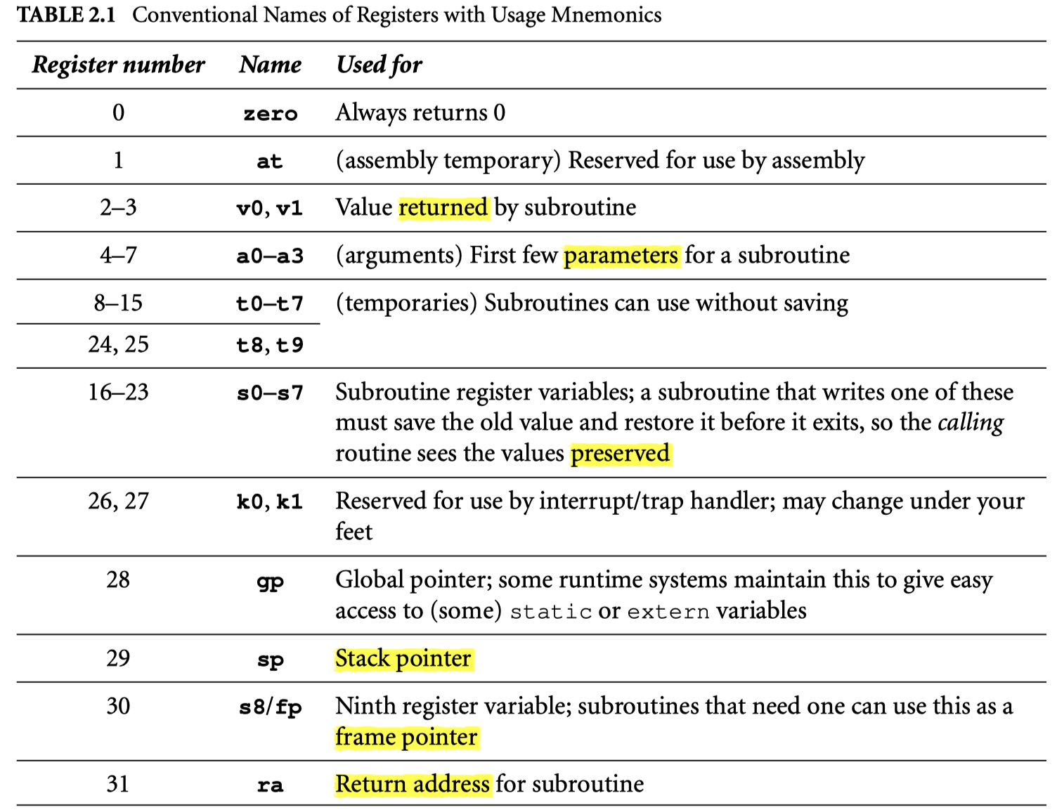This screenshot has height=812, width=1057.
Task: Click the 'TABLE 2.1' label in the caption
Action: [66, 15]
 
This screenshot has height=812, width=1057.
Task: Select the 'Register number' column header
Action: [118, 65]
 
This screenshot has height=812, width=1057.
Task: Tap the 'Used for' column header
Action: [379, 65]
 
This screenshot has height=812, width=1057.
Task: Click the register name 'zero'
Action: [271, 113]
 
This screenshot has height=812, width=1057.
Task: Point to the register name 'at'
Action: [270, 161]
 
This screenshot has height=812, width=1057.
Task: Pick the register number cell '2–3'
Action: [118, 208]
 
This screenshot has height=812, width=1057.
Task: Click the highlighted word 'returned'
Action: [443, 208]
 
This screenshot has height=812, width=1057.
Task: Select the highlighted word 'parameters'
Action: [621, 255]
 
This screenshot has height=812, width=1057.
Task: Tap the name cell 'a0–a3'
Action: [270, 256]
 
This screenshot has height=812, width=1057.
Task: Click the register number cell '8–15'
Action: [118, 303]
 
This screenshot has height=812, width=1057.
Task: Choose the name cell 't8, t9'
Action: [270, 345]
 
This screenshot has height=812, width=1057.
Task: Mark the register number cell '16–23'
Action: [118, 392]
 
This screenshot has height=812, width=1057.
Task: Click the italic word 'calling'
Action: [971, 423]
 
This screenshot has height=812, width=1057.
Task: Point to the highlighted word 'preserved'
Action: [620, 454]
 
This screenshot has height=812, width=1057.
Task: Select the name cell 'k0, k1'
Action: [270, 502]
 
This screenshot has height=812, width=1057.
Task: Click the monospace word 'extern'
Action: [668, 612]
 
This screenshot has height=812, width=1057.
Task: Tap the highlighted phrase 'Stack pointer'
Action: [403, 659]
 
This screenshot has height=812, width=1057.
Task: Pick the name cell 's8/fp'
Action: [270, 707]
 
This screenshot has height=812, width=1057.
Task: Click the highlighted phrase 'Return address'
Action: [413, 784]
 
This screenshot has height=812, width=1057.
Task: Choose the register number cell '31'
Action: [118, 784]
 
